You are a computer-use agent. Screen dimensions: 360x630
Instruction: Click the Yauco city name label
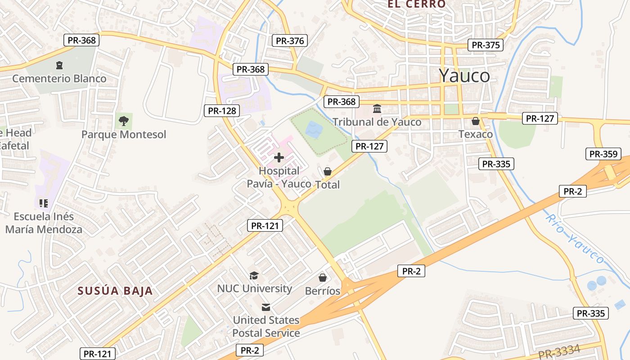[464, 76]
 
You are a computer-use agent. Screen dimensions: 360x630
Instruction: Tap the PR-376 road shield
[290, 41]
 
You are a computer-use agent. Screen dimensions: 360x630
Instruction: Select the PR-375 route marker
[486, 45]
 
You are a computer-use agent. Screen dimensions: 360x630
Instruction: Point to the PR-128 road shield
[222, 111]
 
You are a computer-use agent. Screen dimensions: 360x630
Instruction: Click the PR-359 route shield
[603, 154]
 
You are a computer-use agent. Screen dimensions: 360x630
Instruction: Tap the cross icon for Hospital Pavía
[279, 157]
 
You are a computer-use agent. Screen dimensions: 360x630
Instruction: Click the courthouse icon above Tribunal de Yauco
[377, 109]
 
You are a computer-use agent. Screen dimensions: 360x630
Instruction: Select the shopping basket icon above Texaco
[476, 121]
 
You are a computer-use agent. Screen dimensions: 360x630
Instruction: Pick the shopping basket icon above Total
[328, 171]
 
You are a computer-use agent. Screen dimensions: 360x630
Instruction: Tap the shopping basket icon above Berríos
[323, 278]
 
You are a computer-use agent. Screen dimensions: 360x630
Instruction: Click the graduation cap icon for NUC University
[254, 275]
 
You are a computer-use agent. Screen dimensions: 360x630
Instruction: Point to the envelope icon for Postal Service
[266, 307]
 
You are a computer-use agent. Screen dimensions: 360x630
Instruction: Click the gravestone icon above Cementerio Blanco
[59, 65]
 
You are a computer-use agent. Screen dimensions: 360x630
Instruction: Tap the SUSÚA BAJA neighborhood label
[115, 291]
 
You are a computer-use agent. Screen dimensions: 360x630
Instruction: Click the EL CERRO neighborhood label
[417, 4]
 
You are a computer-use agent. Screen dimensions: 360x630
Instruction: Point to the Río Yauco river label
[575, 238]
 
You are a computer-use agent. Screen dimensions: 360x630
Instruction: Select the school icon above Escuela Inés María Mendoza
[43, 203]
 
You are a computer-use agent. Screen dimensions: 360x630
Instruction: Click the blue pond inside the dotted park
[314, 130]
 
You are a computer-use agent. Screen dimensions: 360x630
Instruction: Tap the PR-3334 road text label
[559, 351]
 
